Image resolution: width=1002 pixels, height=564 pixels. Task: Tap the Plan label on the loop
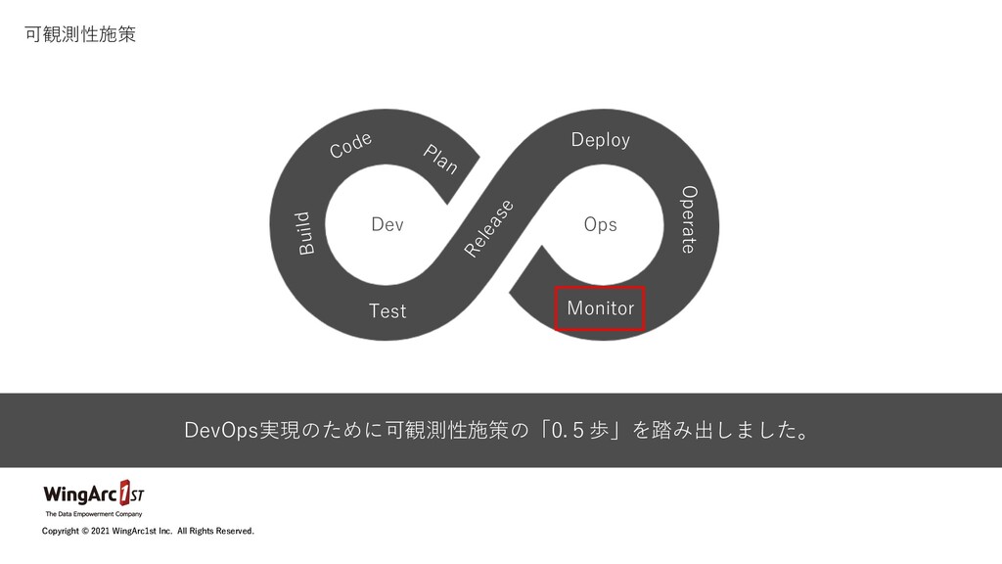(x=440, y=159)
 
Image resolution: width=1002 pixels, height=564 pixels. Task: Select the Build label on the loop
(x=305, y=233)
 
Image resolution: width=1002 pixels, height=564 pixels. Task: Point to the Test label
(x=387, y=311)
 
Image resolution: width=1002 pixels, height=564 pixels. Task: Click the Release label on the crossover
(x=489, y=228)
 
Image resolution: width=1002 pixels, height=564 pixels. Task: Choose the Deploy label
(x=601, y=140)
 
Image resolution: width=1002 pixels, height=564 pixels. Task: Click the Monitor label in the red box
(x=601, y=308)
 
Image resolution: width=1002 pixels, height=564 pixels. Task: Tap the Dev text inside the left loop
(x=387, y=225)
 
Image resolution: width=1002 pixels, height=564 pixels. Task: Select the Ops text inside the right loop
(x=600, y=224)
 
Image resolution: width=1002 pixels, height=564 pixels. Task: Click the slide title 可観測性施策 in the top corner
(x=79, y=35)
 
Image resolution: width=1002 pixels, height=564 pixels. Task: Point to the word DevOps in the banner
(x=221, y=431)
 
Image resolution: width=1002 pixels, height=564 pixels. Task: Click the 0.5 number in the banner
(x=569, y=431)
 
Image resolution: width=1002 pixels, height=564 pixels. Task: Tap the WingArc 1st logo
(x=94, y=493)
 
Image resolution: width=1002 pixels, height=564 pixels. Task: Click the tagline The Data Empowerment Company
(x=94, y=513)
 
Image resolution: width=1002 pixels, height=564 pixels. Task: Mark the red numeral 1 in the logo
(x=125, y=491)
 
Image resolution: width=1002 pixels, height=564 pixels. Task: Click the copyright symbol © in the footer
(x=83, y=532)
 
